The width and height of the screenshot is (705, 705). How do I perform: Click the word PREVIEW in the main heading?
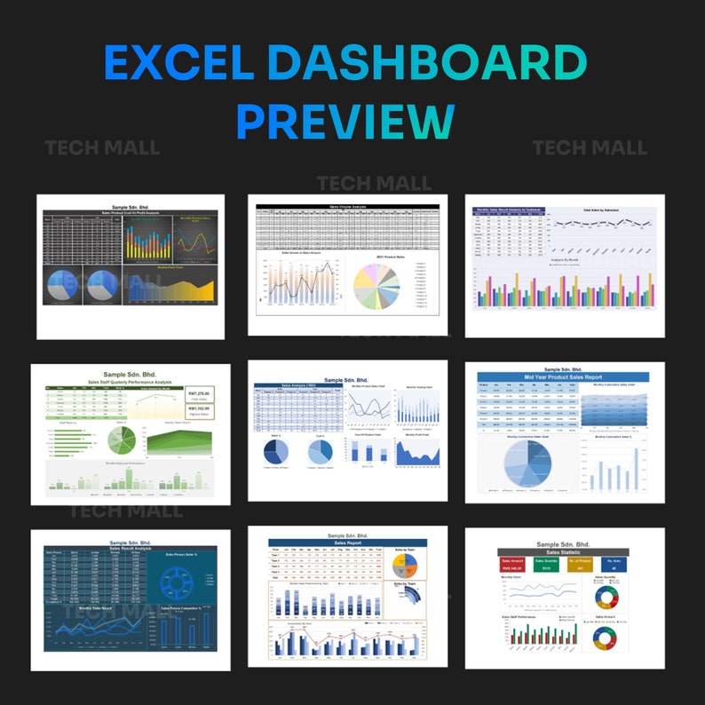pyautogui.click(x=345, y=121)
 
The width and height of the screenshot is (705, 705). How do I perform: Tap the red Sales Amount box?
pyautogui.click(x=512, y=565)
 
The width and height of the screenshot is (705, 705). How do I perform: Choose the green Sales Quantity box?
pyautogui.click(x=547, y=565)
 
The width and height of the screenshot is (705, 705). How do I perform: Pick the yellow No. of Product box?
pyautogui.click(x=581, y=565)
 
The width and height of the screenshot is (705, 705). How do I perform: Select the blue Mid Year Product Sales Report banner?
pyautogui.click(x=563, y=376)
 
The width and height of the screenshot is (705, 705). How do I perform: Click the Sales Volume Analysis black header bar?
pyautogui.click(x=347, y=206)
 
